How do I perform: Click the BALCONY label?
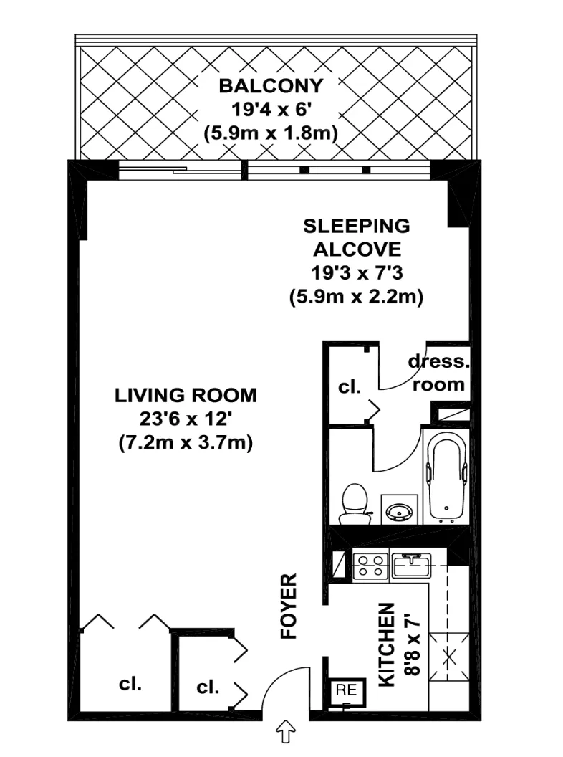coord(271,87)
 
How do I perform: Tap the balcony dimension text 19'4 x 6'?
coord(271,110)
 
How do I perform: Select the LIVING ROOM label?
coord(186,395)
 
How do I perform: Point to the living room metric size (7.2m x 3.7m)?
coord(186,443)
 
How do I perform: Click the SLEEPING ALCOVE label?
coord(356,238)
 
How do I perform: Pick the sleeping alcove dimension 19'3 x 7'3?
coord(356,273)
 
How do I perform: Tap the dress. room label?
coord(438,373)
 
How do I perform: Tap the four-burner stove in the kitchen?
coord(371,566)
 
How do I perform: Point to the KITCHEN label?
coord(387,644)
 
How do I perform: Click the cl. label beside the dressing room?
coord(349,387)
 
